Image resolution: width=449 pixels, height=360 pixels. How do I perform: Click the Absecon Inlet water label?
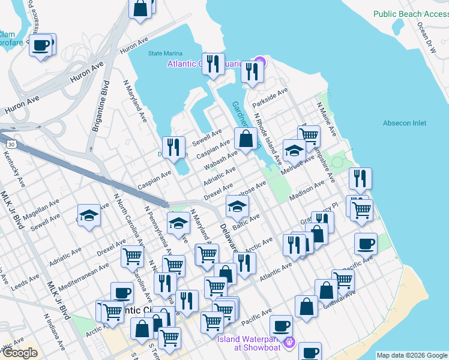point(405,123)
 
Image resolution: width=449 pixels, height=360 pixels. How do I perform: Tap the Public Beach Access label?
point(411,13)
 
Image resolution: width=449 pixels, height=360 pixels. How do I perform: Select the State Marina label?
point(165,52)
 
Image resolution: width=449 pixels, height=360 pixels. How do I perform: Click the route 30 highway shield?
point(11,145)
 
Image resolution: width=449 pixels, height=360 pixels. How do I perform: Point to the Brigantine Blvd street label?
point(97,120)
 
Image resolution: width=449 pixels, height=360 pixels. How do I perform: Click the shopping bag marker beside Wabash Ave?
point(246,139)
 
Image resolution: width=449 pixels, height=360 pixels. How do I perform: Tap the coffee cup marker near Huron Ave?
point(41,45)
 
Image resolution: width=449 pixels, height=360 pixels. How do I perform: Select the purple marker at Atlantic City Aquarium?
point(259,62)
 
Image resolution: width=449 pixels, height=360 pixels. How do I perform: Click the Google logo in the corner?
point(20,353)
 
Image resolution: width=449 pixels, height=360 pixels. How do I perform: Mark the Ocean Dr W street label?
point(426,39)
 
